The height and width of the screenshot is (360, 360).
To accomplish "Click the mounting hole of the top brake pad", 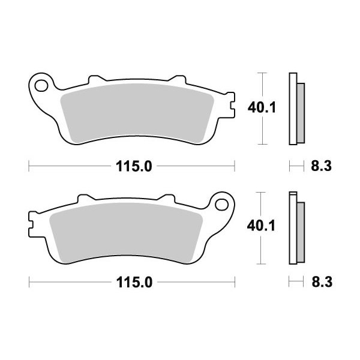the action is [41, 85].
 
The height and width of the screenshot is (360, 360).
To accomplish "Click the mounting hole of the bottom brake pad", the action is [221, 205].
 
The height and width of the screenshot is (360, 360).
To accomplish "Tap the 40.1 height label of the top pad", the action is [262, 107].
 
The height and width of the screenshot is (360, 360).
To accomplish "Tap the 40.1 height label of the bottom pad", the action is [261, 226].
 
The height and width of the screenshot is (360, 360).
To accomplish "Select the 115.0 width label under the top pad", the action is [134, 166].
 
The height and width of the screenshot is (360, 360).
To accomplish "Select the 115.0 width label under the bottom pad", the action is [134, 282].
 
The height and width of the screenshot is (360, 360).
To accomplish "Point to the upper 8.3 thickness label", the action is [321, 166].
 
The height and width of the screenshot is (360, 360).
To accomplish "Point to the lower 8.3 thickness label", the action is [322, 282].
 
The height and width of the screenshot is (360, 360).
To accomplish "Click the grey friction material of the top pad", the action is [137, 113].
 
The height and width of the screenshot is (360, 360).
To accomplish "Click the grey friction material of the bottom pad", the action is [126, 232].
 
